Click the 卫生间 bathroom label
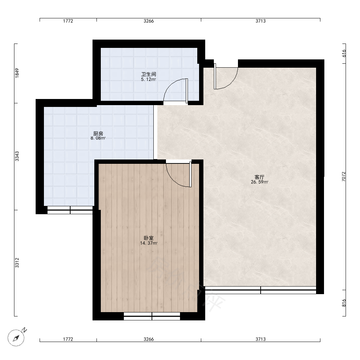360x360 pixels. click(x=149, y=74)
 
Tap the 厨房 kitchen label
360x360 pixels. click(x=98, y=134)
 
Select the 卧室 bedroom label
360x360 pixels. click(x=149, y=238)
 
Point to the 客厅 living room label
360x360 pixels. click(x=260, y=177)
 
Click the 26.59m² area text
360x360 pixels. click(x=260, y=182)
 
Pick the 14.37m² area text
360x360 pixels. click(x=149, y=243)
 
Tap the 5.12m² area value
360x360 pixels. click(x=148, y=80)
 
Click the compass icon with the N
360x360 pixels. click(x=17, y=337)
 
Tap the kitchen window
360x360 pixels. click(x=70, y=210)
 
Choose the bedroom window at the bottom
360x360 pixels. click(x=152, y=316)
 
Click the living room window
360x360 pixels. click(x=261, y=290)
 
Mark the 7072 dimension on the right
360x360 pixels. click(x=344, y=176)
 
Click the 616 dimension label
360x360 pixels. click(x=344, y=54)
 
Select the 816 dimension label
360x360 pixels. click(x=344, y=303)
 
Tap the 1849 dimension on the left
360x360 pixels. click(x=17, y=73)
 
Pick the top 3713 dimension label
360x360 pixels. click(x=261, y=21)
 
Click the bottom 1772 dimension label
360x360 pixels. click(x=68, y=339)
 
